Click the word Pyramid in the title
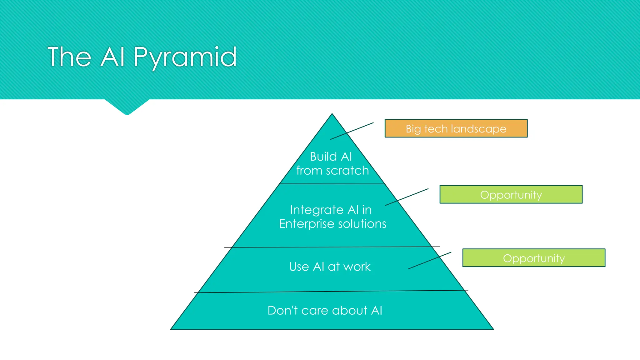(x=185, y=57)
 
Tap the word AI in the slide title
(x=113, y=57)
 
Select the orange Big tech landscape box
(x=456, y=128)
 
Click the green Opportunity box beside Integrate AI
(x=511, y=194)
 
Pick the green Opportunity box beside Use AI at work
(x=534, y=258)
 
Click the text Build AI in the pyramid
(x=331, y=157)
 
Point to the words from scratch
(x=332, y=171)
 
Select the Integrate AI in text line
(x=331, y=210)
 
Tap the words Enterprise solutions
(x=332, y=224)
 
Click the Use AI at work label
(x=330, y=267)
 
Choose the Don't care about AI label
(x=325, y=310)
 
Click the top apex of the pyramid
(x=332, y=114)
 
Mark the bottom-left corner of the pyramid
(x=171, y=329)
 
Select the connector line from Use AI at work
(x=429, y=261)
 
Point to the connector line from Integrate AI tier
(x=407, y=197)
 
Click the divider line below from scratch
(x=332, y=184)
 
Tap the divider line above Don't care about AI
(x=331, y=292)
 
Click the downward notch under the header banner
(x=127, y=108)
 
